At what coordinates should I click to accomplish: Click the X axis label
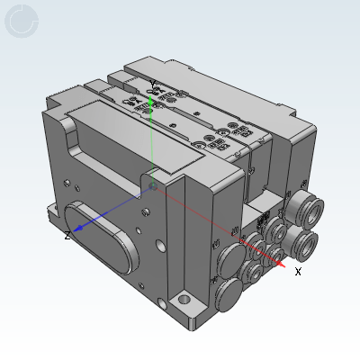pos(298,272)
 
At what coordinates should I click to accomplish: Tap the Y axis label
pos(153,85)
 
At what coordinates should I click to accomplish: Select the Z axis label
pos(67,236)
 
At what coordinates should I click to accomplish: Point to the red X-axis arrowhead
pos(281,264)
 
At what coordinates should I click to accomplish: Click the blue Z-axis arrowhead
pos(79,229)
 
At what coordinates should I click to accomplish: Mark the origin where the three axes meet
pos(153,187)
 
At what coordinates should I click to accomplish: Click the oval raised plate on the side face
pos(101,237)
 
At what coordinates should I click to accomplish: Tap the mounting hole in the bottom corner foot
pos(184,299)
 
